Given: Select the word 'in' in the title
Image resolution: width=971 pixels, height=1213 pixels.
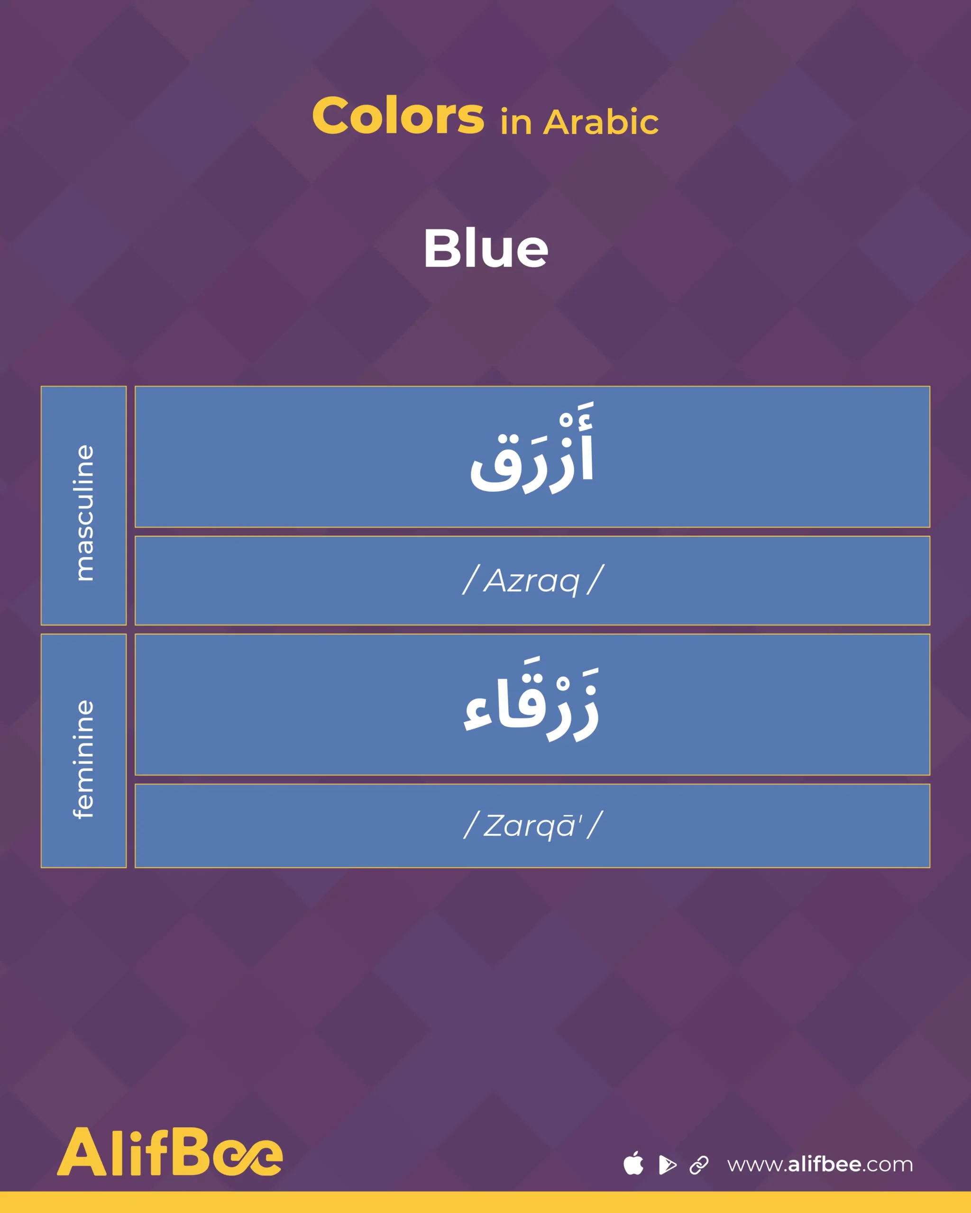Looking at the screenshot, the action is click(516, 123).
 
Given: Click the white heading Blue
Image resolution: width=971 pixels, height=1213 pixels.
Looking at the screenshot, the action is click(486, 249).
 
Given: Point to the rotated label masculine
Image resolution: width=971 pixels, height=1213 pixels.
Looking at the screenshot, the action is click(84, 513).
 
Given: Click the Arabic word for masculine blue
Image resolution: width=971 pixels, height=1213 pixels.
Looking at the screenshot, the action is click(532, 449).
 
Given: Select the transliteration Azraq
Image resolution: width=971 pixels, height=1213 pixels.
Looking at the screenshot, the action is click(531, 580).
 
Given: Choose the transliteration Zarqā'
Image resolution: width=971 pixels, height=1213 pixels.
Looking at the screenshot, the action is click(532, 825).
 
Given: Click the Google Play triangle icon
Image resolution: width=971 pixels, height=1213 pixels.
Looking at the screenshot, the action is click(667, 1164).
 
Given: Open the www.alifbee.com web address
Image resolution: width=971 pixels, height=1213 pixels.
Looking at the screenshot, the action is click(820, 1164).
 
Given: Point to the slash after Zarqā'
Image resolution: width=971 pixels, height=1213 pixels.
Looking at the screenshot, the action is click(595, 825).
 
